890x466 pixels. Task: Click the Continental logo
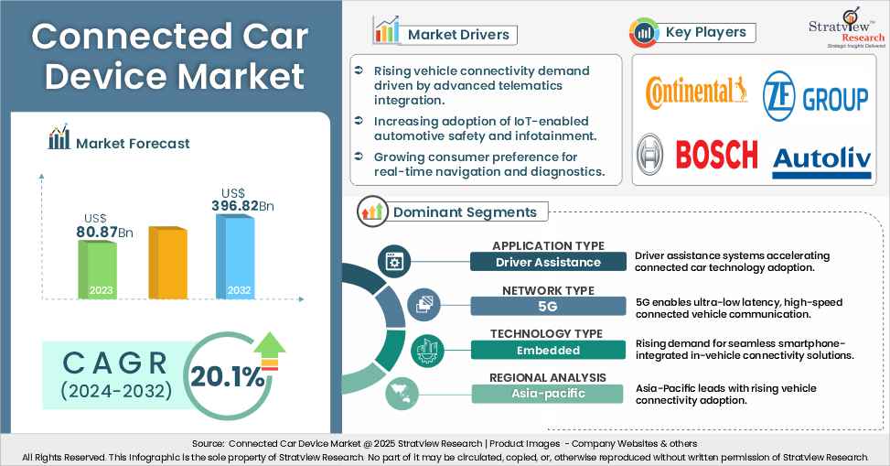696,92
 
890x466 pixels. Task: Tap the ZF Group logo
815,93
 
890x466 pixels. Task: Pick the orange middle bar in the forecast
166,263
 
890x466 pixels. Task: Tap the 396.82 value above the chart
241,207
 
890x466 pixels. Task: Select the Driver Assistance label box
548,262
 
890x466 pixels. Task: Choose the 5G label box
548,306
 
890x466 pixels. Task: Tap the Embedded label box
548,350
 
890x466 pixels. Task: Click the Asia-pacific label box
548,394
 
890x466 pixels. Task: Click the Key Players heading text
705,32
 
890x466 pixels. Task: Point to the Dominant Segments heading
465,212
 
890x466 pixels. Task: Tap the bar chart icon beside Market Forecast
59,139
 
